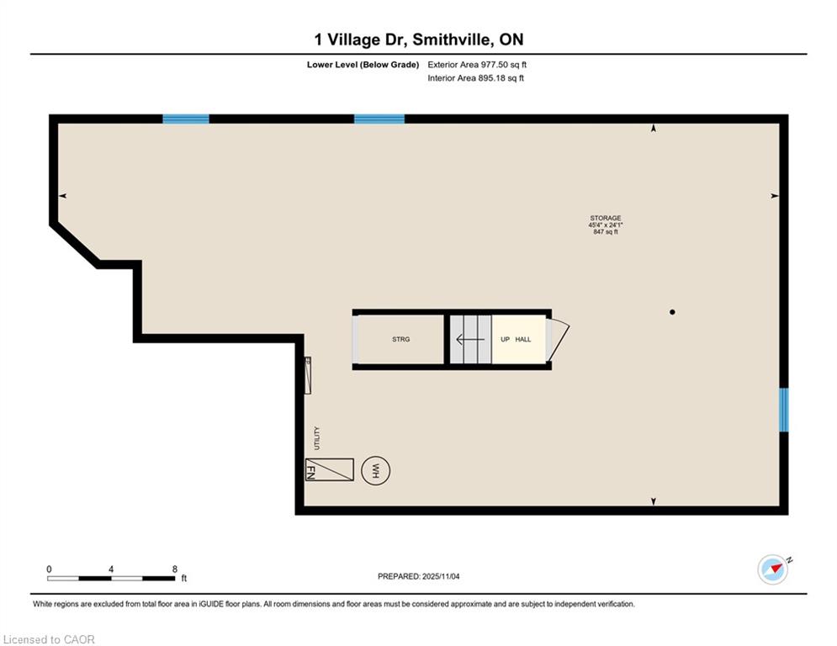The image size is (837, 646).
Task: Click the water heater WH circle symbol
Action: coord(375,471)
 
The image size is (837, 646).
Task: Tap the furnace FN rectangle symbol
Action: coord(330,470)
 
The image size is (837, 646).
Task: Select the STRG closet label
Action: coord(401,339)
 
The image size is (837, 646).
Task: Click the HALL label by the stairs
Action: coord(523,339)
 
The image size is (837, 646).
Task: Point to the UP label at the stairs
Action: coord(505,339)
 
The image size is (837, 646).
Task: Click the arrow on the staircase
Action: coord(470,339)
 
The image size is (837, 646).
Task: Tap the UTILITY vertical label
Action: coord(317,437)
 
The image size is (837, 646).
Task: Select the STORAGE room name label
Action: coord(606,218)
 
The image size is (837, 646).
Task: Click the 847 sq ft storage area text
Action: coord(606,231)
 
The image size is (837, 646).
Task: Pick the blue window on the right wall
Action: coord(784,410)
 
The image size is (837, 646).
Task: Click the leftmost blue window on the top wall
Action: coord(186,119)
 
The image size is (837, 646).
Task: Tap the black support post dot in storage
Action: coord(672,312)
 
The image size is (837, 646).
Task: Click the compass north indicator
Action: coord(773,569)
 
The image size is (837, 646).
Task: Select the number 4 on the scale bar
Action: coord(111,569)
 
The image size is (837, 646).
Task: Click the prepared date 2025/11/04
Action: coord(441,576)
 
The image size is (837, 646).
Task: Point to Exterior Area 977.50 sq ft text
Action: coord(477,65)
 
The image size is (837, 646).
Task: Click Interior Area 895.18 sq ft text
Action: coord(475,78)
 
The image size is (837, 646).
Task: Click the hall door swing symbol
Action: coord(557,339)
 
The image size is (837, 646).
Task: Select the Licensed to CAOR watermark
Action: coord(49,639)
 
